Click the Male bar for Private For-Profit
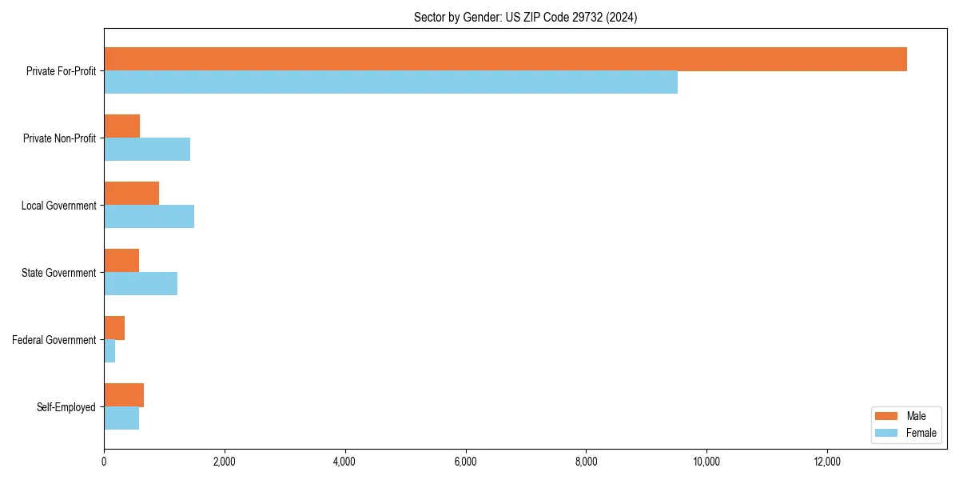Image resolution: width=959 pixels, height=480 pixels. click(505, 59)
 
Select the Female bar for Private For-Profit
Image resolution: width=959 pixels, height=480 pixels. click(391, 82)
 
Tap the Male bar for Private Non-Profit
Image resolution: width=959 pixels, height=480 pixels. click(122, 126)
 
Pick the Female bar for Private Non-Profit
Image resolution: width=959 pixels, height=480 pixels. click(147, 150)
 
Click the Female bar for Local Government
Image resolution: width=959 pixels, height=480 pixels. click(149, 217)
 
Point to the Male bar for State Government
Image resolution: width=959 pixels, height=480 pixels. click(121, 261)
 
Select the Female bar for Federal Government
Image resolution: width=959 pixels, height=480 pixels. click(109, 351)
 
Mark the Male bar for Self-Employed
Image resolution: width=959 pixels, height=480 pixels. click(124, 395)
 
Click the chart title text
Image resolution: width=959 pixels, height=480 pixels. click(525, 17)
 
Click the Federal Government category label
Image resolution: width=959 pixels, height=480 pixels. click(54, 340)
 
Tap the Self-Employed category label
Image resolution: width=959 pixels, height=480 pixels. click(66, 407)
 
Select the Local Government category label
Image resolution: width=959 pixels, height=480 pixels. click(59, 206)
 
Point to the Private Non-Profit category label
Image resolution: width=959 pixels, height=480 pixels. click(60, 138)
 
